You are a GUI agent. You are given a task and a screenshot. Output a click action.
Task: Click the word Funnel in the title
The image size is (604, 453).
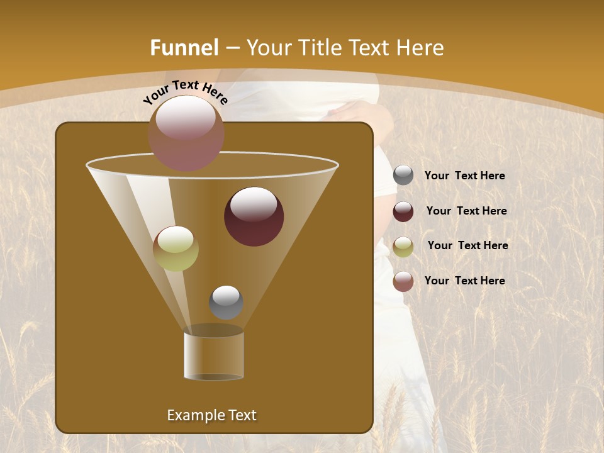pos(184,48)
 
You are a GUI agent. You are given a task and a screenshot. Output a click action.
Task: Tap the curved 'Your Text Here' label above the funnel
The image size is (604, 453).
pos(185,92)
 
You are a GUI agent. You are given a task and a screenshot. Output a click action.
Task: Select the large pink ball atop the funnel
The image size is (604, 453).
pos(186,133)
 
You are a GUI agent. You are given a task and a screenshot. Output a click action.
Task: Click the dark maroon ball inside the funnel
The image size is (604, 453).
pos(254,216)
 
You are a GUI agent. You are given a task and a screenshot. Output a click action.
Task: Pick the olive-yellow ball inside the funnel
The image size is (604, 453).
pos(176,248)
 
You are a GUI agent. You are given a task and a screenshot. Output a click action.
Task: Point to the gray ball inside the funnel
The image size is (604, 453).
pos(226,302)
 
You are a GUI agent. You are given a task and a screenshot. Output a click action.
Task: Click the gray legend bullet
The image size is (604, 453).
pos(403,176)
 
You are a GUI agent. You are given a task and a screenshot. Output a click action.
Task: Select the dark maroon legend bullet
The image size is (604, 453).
pos(403,211)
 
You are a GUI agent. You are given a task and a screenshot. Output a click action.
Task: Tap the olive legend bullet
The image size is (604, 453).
pos(403,247)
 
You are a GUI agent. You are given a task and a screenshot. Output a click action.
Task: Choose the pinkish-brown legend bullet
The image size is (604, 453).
pos(403,281)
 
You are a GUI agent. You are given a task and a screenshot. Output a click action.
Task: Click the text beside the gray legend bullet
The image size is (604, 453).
pos(464,176)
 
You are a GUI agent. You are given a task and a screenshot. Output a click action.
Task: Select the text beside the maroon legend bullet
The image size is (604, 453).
pos(466,211)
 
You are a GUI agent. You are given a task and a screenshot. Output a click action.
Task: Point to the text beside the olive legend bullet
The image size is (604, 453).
pos(467,246)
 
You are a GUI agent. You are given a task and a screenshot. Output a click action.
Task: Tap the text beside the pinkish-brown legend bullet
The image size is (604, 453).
pos(464,281)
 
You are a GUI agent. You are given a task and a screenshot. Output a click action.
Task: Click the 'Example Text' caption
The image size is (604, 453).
pos(211,415)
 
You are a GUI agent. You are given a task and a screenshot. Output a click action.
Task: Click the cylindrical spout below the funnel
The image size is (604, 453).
pos(213,355)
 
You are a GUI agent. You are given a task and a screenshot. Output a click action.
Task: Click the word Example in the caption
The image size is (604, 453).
pos(193,415)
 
